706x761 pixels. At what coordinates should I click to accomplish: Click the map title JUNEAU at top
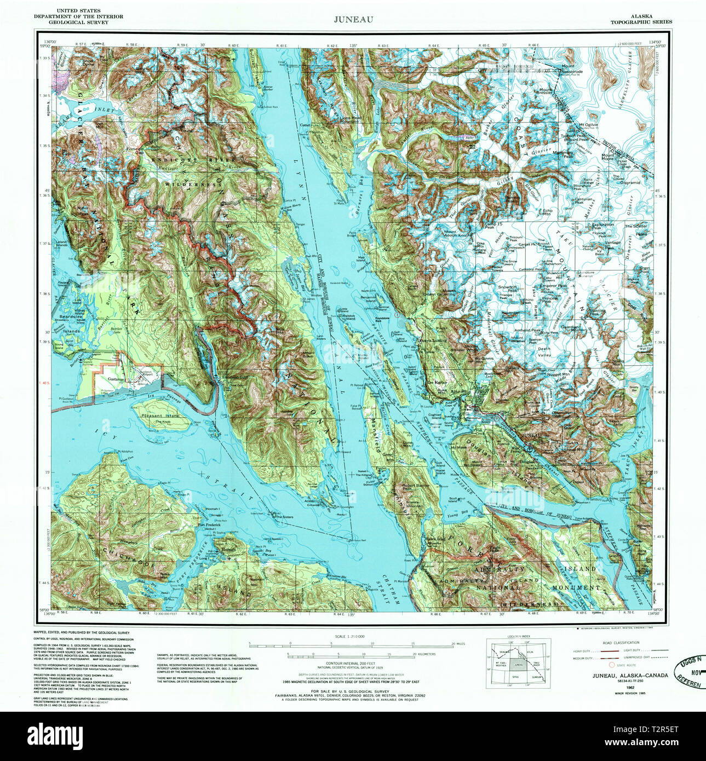pos(354,19)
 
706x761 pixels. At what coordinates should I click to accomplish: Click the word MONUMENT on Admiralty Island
pos(577,587)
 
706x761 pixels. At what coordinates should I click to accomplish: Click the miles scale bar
pos(351,645)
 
